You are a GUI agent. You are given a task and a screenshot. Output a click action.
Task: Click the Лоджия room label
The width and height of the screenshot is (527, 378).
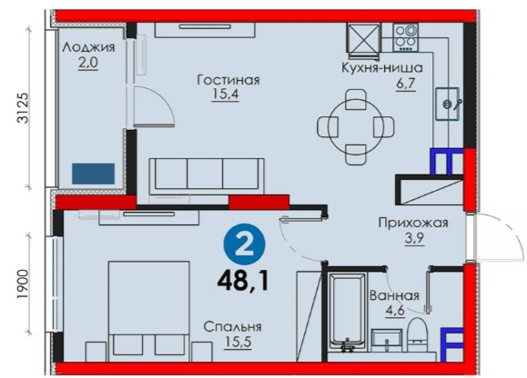[x=88, y=47]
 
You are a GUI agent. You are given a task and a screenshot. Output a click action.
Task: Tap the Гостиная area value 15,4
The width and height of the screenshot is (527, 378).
[x=225, y=94]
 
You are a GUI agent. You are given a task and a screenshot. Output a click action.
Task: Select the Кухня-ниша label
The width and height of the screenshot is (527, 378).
[x=382, y=68]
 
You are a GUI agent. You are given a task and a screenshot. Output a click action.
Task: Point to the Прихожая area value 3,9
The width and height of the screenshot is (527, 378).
[x=414, y=238]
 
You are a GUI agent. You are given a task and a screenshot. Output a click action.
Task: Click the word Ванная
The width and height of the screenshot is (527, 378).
[x=395, y=296]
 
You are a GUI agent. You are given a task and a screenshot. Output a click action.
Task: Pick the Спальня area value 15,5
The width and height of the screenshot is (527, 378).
[x=238, y=342]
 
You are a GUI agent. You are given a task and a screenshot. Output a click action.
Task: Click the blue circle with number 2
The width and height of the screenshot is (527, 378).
[x=244, y=244]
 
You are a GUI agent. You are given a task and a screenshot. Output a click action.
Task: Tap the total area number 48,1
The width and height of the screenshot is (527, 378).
[x=243, y=281]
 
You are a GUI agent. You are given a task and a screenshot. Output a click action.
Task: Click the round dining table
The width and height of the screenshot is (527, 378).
[x=356, y=127]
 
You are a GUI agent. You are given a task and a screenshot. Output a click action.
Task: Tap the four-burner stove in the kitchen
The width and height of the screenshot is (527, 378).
[x=405, y=37]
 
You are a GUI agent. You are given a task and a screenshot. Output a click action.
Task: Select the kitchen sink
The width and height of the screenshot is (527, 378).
[x=447, y=104]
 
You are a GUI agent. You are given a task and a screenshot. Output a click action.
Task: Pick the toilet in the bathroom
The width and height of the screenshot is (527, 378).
[x=417, y=334]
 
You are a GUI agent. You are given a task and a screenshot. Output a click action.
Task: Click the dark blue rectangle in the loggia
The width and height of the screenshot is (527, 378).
[x=94, y=174]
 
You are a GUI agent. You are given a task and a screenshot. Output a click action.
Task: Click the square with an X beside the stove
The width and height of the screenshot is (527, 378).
[x=363, y=37]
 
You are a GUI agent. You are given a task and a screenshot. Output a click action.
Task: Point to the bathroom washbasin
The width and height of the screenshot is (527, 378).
[x=387, y=340]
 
